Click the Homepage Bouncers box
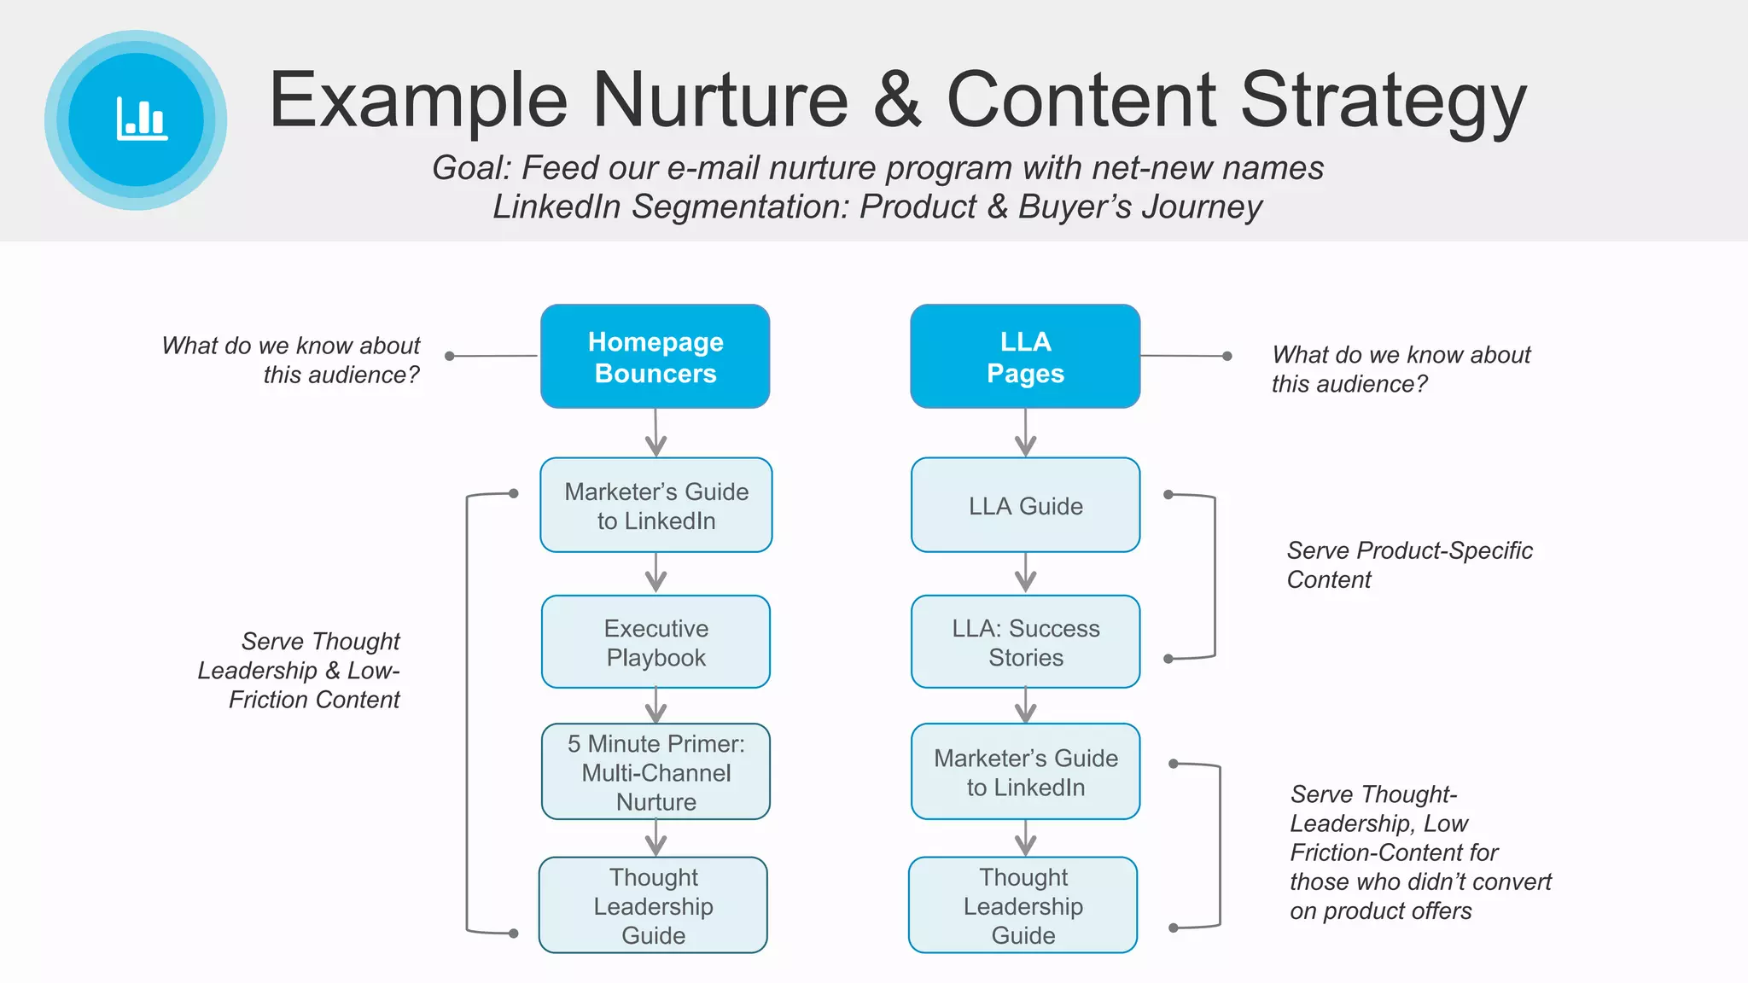[655, 357]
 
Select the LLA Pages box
[1025, 357]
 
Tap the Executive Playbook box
[655, 643]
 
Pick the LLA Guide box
[1025, 505]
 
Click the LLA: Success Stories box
[1025, 643]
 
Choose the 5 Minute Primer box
[655, 772]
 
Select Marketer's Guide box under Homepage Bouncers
[655, 505]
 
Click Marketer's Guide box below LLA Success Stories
[1025, 772]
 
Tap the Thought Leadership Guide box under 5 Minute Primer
[653, 905]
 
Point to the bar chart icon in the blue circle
[142, 119]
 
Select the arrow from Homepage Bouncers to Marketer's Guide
[655, 433]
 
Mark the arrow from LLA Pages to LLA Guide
[1025, 433]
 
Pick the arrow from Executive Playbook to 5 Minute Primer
[655, 707]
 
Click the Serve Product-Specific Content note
[1409, 565]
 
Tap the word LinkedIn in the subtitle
[556, 206]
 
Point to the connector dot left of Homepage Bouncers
[450, 356]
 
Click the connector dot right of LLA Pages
[1227, 356]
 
